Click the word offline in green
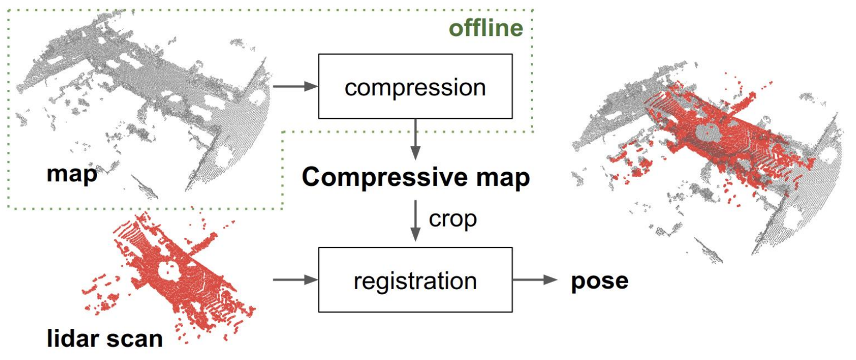(x=486, y=28)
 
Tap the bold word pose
(x=600, y=281)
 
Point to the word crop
(x=453, y=219)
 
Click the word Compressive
(x=384, y=178)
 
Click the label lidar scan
(x=105, y=339)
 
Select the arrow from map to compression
(x=295, y=86)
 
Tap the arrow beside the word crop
(x=415, y=221)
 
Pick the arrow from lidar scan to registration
(x=295, y=280)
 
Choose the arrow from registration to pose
(x=535, y=280)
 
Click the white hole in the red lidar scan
(x=168, y=269)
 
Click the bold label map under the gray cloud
(x=72, y=174)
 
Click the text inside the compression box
(x=415, y=88)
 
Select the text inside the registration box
(x=415, y=282)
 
